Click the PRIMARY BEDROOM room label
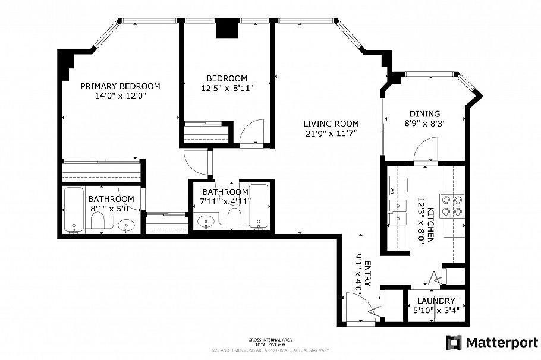click(121, 86)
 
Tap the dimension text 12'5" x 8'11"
click(227, 89)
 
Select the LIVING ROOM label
click(331, 124)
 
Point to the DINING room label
click(424, 114)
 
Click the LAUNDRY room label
click(436, 301)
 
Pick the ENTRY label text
click(367, 274)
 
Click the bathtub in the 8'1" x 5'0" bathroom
click(74, 210)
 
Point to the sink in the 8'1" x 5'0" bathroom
click(126, 225)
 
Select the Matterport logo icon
click(454, 342)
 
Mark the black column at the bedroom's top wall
click(227, 29)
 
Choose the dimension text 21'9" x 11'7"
click(331, 133)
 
